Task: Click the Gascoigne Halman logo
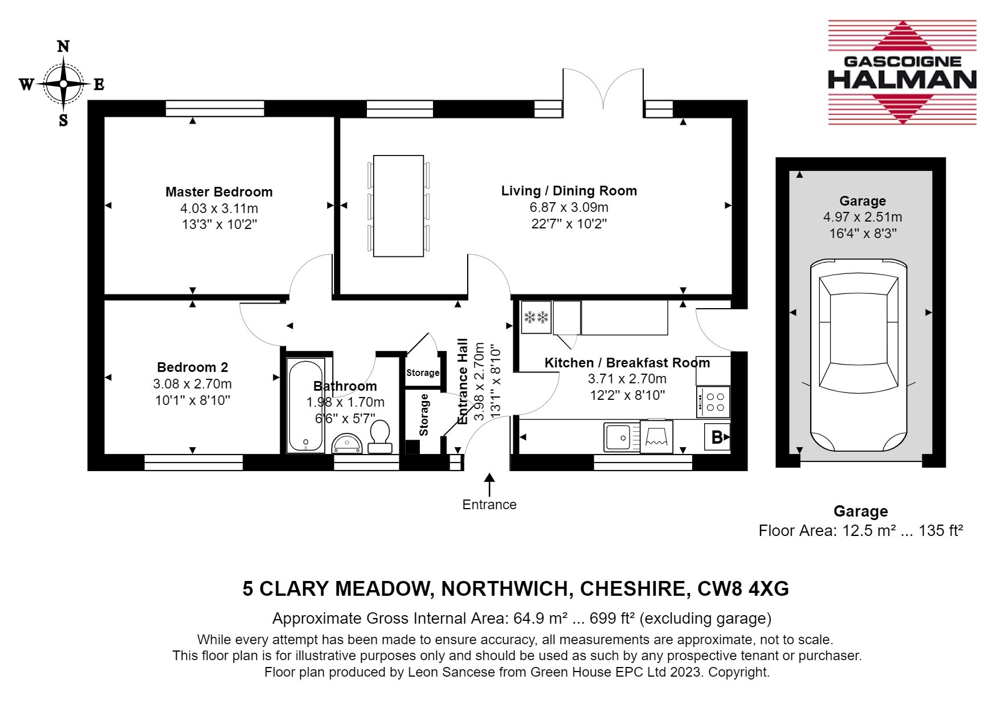click(x=902, y=72)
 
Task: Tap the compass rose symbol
click(x=63, y=84)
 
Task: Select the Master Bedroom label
click(x=219, y=192)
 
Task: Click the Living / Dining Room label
click(x=569, y=191)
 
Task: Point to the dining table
click(x=399, y=206)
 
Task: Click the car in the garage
click(x=859, y=356)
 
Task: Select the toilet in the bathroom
click(x=380, y=436)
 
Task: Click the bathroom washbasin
click(x=346, y=444)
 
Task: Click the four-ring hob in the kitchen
click(x=714, y=402)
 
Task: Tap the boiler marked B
click(x=718, y=437)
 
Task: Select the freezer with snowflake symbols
click(x=536, y=317)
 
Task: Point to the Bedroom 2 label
click(x=193, y=367)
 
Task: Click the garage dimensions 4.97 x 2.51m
click(x=863, y=217)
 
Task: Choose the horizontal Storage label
click(x=423, y=373)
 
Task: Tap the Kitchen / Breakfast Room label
click(x=627, y=363)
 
